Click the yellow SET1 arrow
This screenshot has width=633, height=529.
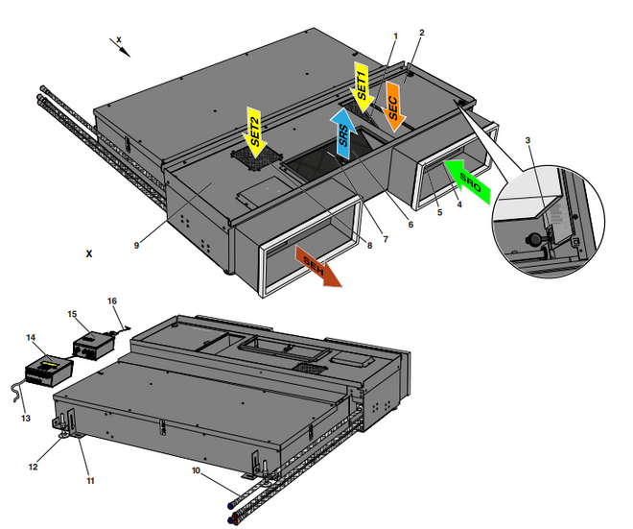click(362, 86)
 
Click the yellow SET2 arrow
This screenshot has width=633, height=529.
click(254, 132)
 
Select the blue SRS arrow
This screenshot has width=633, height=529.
click(343, 132)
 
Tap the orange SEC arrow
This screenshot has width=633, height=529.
click(393, 107)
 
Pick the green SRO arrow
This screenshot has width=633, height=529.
click(467, 180)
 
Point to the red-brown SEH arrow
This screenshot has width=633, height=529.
click(318, 266)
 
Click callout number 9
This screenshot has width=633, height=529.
click(136, 246)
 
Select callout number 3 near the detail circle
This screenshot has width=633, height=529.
click(527, 140)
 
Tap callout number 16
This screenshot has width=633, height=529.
click(112, 301)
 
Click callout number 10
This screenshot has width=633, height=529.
click(196, 470)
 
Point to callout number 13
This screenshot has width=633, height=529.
click(26, 418)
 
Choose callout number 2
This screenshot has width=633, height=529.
click(422, 33)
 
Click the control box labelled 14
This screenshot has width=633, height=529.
click(49, 371)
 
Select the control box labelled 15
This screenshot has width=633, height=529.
click(94, 346)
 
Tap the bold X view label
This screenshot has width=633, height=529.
click(89, 253)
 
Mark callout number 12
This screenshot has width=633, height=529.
click(34, 467)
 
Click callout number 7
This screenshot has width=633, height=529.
click(386, 239)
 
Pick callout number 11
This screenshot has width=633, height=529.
click(90, 480)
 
